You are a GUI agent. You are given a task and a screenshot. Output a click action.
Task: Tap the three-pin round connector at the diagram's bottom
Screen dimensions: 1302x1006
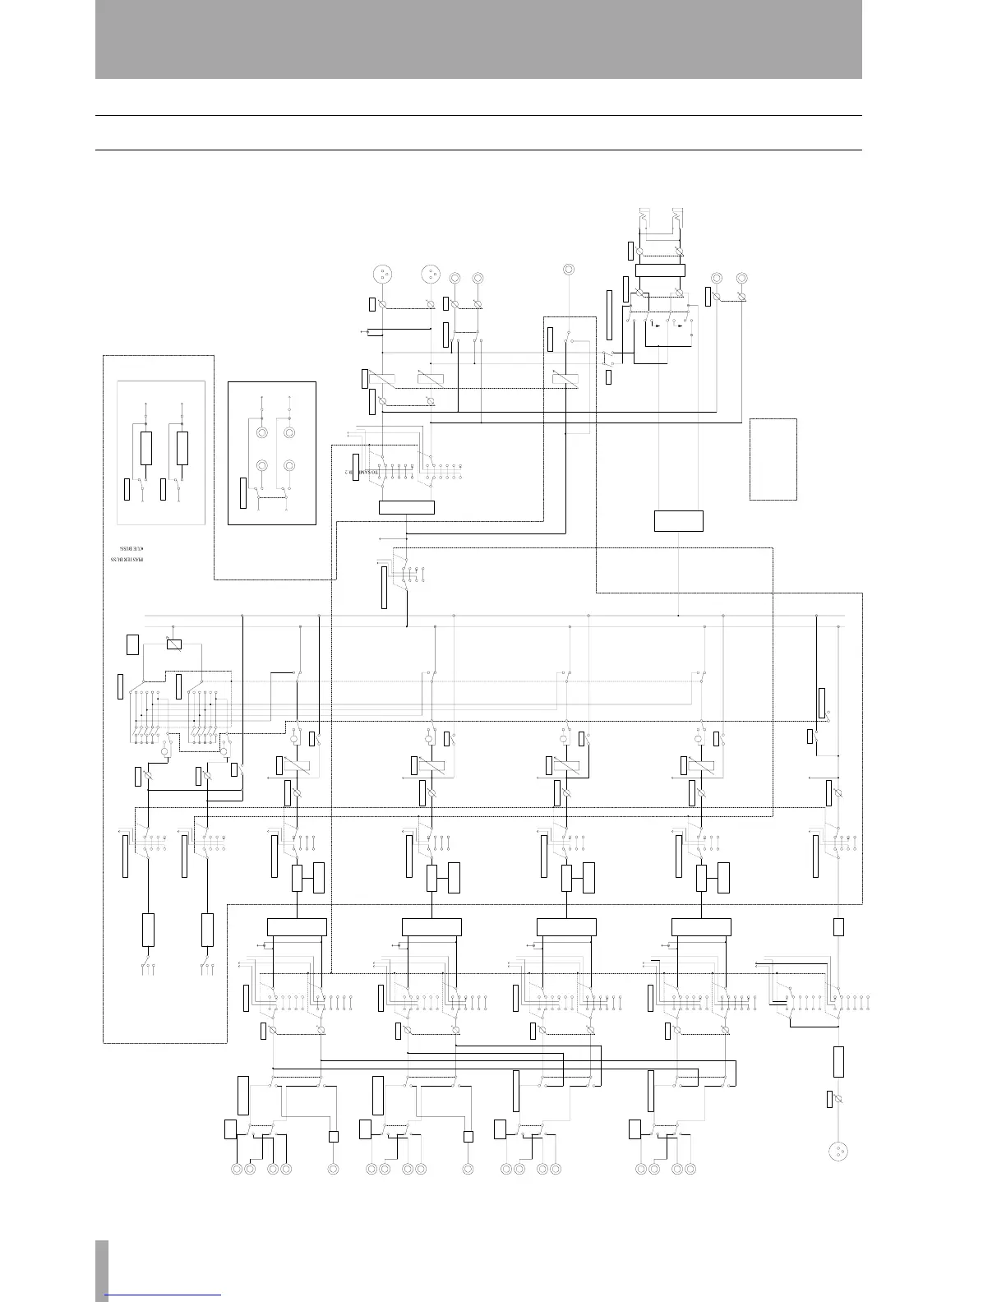click(x=838, y=1150)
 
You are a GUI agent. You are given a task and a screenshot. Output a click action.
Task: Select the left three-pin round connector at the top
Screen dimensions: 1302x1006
click(x=381, y=274)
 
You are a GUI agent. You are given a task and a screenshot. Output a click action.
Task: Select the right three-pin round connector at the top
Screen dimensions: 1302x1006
click(x=429, y=274)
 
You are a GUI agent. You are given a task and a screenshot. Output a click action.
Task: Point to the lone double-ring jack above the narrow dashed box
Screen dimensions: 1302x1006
click(x=568, y=270)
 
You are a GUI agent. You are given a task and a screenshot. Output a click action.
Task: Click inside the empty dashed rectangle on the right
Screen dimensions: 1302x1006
click(x=773, y=459)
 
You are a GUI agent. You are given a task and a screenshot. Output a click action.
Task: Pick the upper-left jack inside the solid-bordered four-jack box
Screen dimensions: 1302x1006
click(x=262, y=433)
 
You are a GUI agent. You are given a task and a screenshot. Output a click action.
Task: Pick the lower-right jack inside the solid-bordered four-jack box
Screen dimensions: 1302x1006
click(x=289, y=466)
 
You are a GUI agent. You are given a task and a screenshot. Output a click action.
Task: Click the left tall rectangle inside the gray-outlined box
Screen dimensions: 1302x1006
click(x=145, y=448)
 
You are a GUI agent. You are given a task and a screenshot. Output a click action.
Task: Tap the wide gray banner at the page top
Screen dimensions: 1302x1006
click(x=478, y=39)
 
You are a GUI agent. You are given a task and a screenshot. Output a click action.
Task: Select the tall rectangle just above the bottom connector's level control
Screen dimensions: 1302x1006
click(x=838, y=1061)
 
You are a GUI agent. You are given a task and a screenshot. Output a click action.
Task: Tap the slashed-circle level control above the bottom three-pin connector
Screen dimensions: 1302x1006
click(x=838, y=1099)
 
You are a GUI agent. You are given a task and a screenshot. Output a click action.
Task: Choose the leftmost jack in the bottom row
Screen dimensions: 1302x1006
click(x=237, y=1168)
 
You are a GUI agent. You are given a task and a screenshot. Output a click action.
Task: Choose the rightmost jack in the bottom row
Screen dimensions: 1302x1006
click(x=690, y=1168)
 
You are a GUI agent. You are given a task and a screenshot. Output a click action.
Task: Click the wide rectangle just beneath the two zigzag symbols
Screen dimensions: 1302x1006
click(x=660, y=270)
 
